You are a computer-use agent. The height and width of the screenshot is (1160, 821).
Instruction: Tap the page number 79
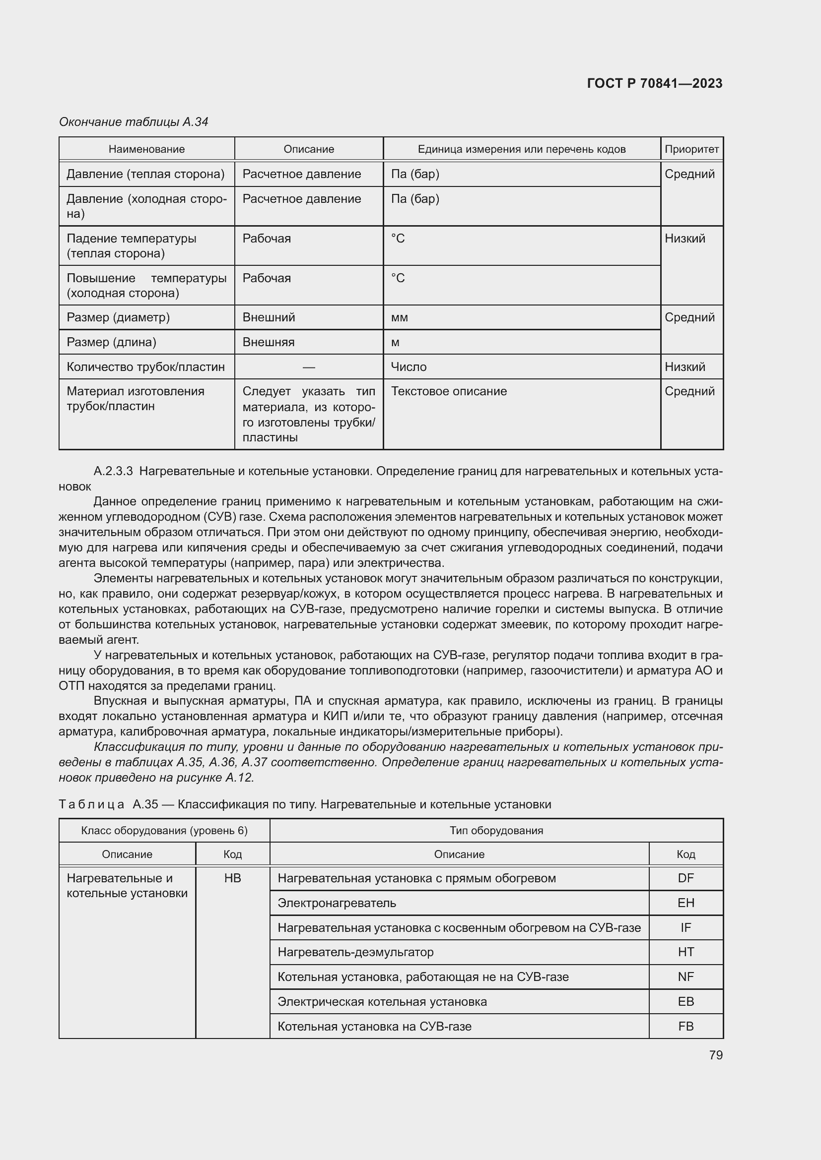[x=715, y=1055]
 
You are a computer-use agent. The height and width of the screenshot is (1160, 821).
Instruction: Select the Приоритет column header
[x=691, y=149]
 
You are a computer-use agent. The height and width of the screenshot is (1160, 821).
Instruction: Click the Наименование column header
[x=146, y=149]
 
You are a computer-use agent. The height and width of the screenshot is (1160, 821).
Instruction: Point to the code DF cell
[x=685, y=878]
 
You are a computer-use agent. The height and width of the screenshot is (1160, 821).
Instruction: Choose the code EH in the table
[x=685, y=903]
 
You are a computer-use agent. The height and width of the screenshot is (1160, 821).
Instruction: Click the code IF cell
[x=685, y=927]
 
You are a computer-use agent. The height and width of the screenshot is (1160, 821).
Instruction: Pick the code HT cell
[x=685, y=952]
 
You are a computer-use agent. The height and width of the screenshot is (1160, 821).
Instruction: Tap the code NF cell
[x=685, y=977]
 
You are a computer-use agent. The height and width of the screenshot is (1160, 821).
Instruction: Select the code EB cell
[x=685, y=1001]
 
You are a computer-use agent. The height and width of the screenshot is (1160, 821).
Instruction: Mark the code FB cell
[x=685, y=1026]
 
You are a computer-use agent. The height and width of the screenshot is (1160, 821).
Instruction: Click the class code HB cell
[x=232, y=878]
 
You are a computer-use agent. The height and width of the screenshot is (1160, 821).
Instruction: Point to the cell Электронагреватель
[x=337, y=903]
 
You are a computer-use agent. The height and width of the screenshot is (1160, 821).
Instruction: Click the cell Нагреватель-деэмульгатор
[x=355, y=952]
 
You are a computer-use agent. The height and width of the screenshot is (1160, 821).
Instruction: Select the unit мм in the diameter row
[x=400, y=317]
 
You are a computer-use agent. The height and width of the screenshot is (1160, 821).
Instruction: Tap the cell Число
[x=409, y=367]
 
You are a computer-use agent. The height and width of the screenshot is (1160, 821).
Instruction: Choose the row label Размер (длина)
[x=111, y=342]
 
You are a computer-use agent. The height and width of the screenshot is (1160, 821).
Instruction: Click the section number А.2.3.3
[x=113, y=471]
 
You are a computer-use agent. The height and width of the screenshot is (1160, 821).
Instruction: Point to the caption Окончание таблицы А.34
[x=134, y=122]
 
